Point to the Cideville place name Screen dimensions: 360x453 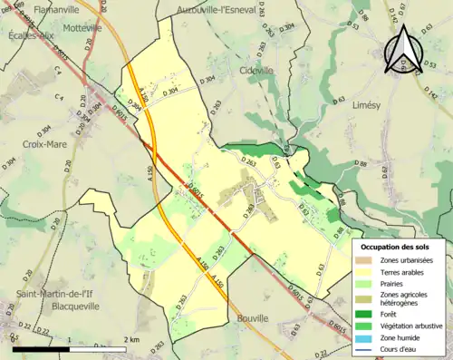click(255, 71)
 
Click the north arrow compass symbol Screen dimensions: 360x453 click(401, 50)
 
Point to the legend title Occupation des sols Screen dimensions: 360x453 click(397, 247)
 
